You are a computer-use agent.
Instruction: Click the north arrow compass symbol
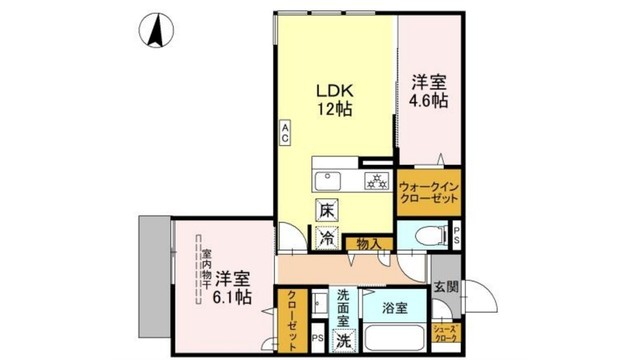point(155,30)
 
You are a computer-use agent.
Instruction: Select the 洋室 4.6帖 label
point(427,91)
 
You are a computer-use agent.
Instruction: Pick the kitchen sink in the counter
point(330,181)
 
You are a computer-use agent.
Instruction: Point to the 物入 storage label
point(366,242)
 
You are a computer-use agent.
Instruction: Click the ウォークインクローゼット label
point(429,193)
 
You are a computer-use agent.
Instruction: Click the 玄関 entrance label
point(445,286)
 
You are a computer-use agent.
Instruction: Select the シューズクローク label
point(446,334)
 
